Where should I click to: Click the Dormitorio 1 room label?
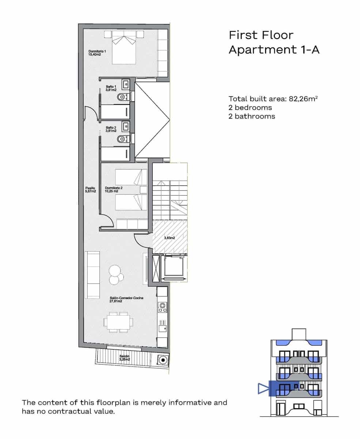97,53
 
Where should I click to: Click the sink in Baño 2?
125,127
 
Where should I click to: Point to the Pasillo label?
90,190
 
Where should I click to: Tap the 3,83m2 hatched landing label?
169,238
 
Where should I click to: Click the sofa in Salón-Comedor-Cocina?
92,275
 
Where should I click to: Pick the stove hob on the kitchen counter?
162,307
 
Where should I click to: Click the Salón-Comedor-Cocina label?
126,300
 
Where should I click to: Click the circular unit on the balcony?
162,360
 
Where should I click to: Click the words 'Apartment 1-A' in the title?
274,49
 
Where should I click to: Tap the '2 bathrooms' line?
252,116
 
